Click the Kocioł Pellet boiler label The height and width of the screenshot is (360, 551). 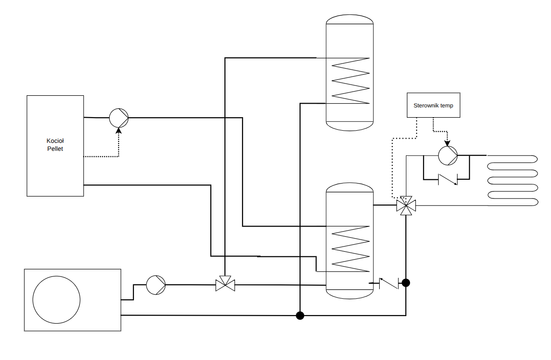[x=55, y=145]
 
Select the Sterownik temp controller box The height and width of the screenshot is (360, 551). [x=433, y=105]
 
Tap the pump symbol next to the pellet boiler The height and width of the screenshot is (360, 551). [x=119, y=118]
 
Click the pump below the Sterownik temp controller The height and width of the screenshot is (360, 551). [x=448, y=155]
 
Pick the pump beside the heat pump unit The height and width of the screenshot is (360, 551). [x=156, y=285]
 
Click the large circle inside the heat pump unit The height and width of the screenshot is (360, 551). [x=56, y=300]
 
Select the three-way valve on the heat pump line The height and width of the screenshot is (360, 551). [x=225, y=283]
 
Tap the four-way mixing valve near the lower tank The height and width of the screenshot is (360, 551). [x=406, y=205]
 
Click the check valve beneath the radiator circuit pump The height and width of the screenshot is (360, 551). [x=448, y=179]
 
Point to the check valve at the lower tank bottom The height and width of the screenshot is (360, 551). [x=389, y=283]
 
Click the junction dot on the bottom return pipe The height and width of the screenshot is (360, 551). [x=300, y=315]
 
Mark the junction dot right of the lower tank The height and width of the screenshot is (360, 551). [x=406, y=282]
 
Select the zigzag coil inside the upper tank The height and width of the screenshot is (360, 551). [x=350, y=80]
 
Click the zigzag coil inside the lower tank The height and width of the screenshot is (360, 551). [x=350, y=249]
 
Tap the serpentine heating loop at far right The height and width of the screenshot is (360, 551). [x=512, y=180]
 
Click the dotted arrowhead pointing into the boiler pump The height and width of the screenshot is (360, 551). [x=119, y=130]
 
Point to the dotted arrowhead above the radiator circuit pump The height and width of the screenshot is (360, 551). [x=447, y=143]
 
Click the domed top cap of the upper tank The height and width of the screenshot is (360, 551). [x=349, y=19]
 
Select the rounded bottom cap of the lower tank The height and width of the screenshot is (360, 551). [x=349, y=294]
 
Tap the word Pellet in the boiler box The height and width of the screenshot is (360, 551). [x=55, y=148]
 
